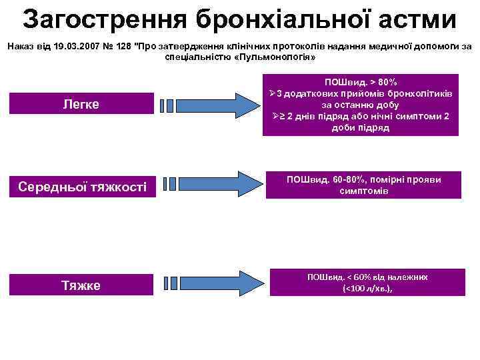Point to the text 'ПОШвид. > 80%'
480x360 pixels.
[x=360, y=81]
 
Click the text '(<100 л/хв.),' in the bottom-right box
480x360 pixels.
[x=367, y=289]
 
